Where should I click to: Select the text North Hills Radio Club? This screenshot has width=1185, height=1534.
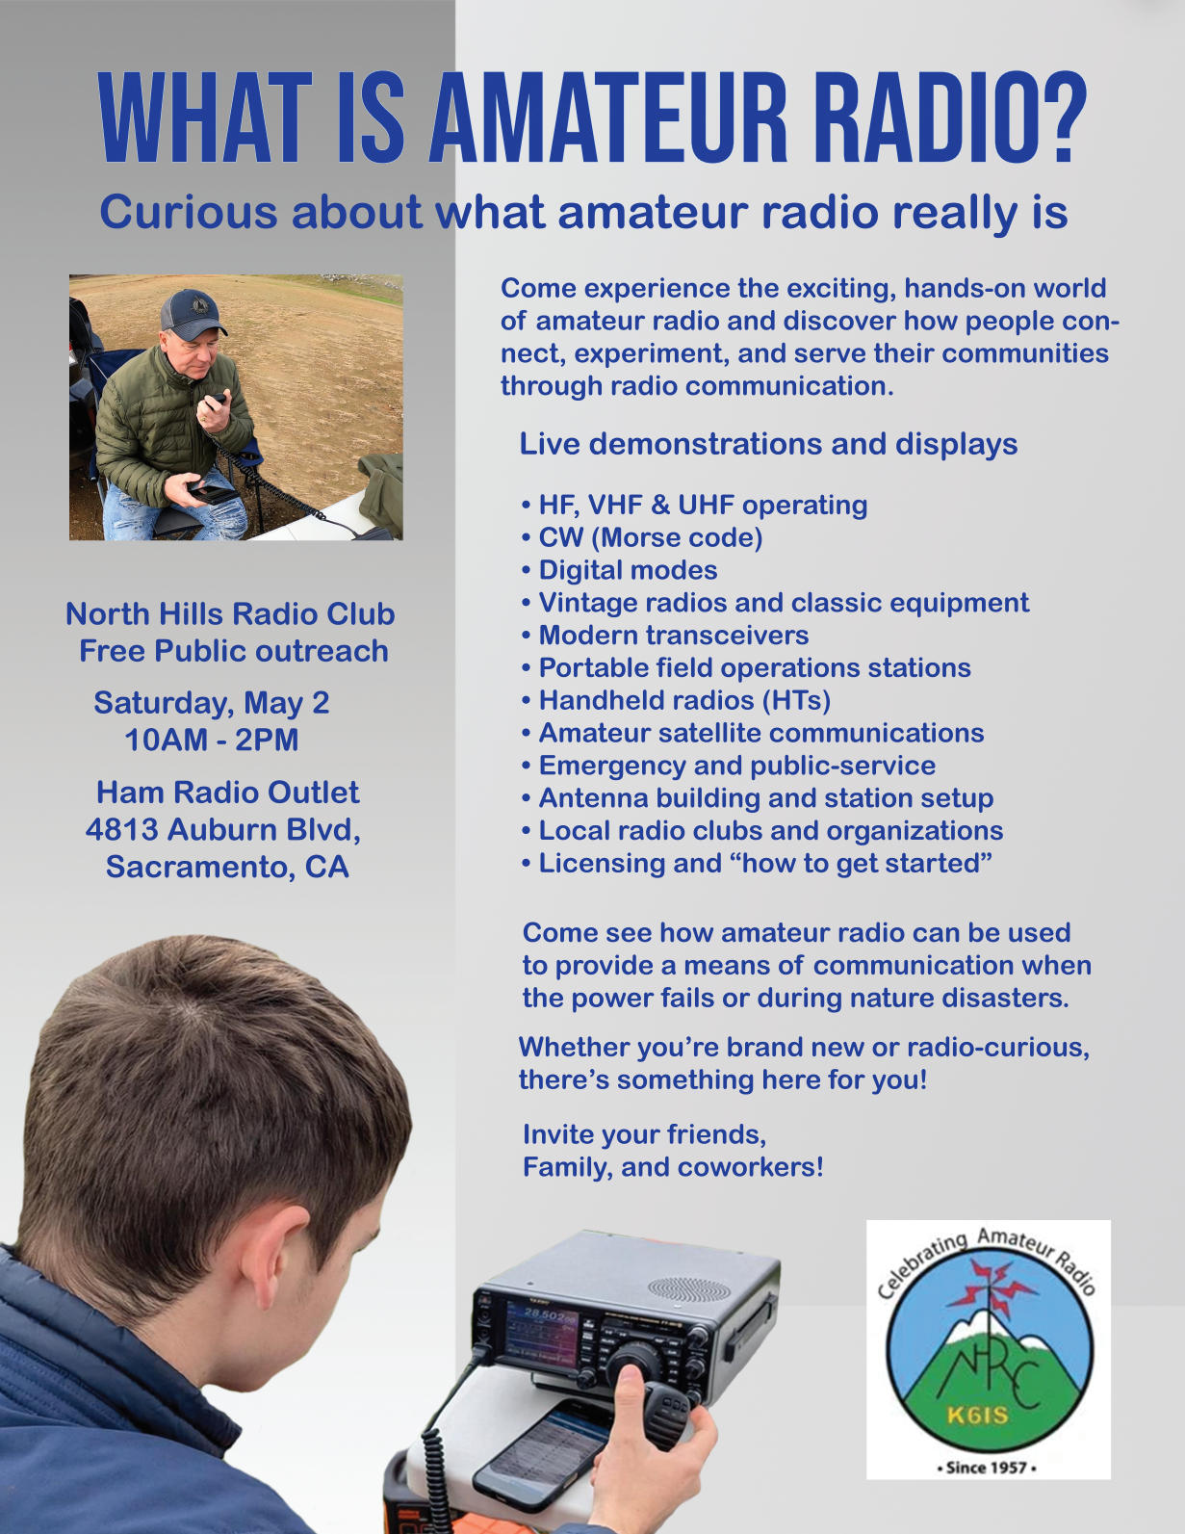tap(230, 614)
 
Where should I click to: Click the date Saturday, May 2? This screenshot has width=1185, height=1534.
tap(211, 703)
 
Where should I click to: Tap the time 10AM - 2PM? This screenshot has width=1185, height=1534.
tap(211, 741)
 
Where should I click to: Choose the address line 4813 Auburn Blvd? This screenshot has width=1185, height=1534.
tap(222, 829)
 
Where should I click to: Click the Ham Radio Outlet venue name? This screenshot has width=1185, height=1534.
tap(227, 793)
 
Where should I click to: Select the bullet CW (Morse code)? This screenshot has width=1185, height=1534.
tap(650, 537)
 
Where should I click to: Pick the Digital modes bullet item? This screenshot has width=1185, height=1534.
tap(628, 570)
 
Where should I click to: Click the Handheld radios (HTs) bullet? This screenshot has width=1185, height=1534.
tap(683, 700)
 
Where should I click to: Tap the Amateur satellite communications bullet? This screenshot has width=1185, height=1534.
tap(760, 733)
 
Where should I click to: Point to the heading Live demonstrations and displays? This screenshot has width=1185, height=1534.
tap(768, 444)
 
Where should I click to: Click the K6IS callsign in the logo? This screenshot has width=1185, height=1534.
tap(976, 1415)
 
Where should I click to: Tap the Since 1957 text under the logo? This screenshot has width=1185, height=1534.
tap(988, 1468)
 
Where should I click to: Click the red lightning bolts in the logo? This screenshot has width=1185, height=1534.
tap(992, 1285)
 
